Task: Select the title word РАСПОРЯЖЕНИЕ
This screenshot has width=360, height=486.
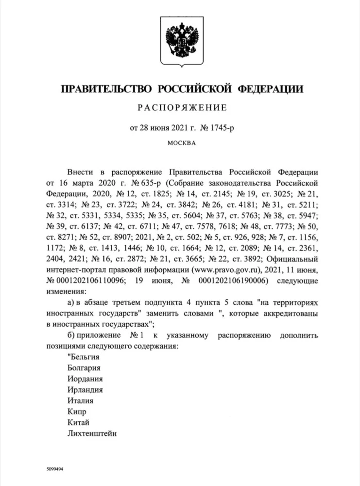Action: pos(180,107)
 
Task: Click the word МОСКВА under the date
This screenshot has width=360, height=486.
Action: pos(181,143)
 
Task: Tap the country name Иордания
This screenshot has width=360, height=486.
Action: pos(86,379)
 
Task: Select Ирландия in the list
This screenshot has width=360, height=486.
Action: pos(86,390)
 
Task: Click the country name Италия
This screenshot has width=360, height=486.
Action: pos(81,401)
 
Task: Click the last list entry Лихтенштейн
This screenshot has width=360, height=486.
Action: pos(92,434)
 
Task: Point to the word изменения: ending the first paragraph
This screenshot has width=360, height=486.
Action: pos(66,292)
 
